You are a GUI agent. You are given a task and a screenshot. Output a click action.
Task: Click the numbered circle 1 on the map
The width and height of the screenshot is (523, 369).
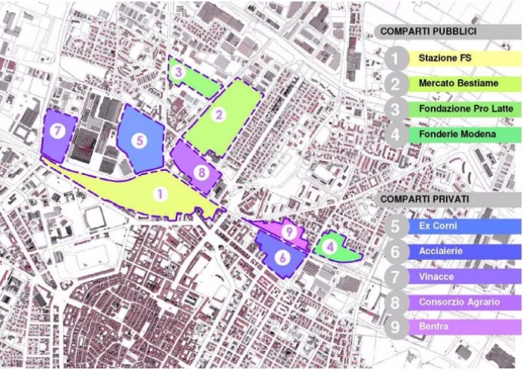pyautogui.click(x=158, y=194)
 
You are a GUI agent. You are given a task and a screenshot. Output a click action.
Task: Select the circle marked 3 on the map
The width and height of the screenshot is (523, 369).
pyautogui.click(x=179, y=72)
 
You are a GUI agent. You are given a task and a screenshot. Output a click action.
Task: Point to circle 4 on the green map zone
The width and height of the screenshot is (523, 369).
pyautogui.click(x=329, y=244)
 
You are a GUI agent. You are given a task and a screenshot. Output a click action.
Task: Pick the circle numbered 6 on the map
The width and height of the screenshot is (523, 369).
pyautogui.click(x=282, y=257)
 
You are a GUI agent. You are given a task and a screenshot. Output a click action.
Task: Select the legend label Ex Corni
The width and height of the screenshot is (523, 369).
pyautogui.click(x=438, y=226)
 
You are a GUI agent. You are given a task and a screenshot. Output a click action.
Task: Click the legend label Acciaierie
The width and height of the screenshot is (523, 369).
pyautogui.click(x=440, y=251)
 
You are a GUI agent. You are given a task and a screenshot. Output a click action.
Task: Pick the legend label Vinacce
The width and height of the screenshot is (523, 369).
pyautogui.click(x=436, y=276)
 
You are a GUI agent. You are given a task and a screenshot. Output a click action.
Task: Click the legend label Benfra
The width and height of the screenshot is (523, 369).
pyautogui.click(x=434, y=327)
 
